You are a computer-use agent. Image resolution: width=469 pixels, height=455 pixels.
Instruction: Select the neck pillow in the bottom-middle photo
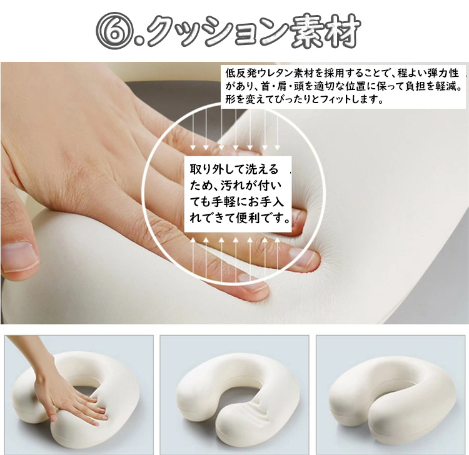pos(237,395)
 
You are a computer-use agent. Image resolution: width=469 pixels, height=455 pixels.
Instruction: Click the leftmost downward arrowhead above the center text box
pos(193,147)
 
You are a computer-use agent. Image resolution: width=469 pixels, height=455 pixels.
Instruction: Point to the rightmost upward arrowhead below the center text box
pos(277,240)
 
